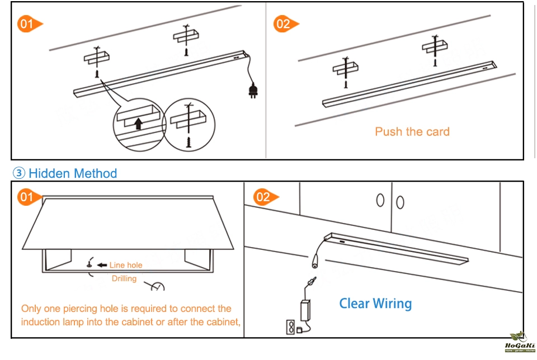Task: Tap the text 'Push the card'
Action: [x=412, y=132]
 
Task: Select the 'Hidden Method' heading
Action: [x=73, y=173]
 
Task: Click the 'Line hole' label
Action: [x=126, y=265]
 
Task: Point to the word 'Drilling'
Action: [x=124, y=278]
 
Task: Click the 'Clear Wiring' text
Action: [x=375, y=304]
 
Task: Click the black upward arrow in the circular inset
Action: [x=138, y=123]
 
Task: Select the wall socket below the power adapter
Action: [x=291, y=326]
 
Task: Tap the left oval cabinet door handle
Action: [x=381, y=200]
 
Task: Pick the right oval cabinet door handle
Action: [x=400, y=201]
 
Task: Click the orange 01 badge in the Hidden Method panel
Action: [x=28, y=197]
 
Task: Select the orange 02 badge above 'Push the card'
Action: [x=283, y=23]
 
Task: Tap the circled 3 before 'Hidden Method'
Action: [x=20, y=173]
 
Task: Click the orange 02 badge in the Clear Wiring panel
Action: [x=263, y=197]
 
